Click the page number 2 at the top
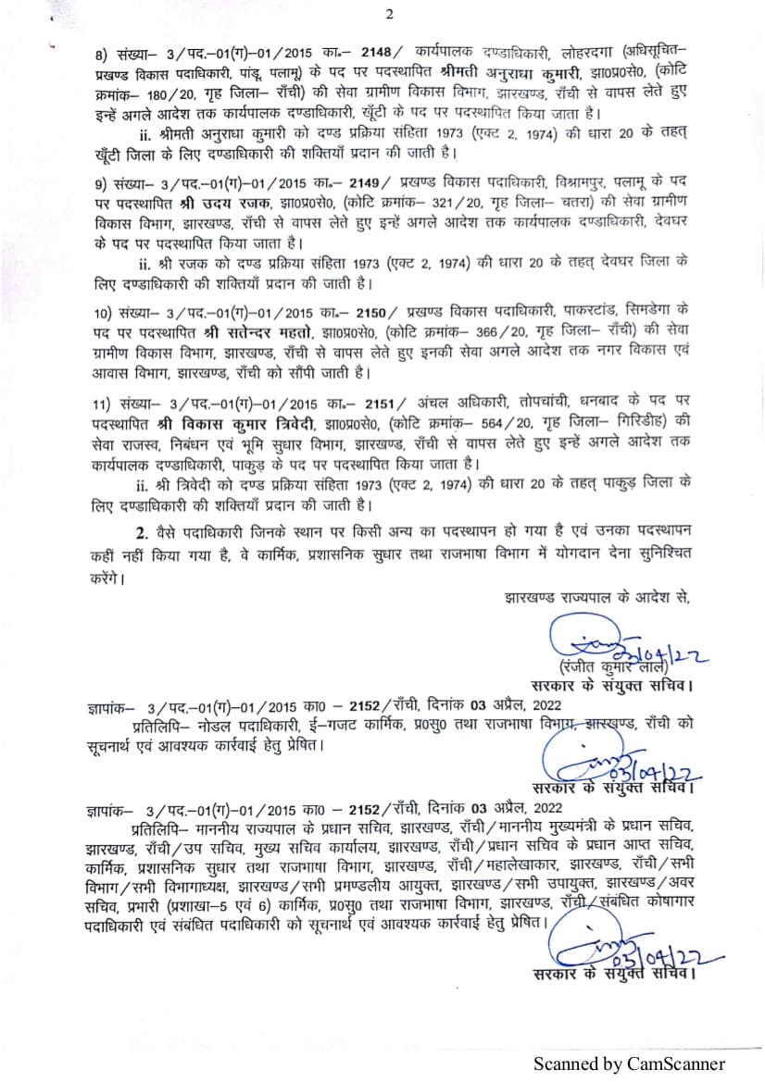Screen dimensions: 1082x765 (390, 14)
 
